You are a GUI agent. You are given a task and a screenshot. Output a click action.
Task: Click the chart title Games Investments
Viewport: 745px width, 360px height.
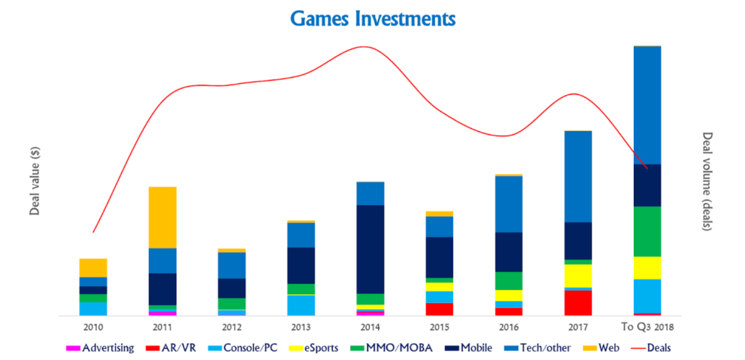pyautogui.click(x=372, y=18)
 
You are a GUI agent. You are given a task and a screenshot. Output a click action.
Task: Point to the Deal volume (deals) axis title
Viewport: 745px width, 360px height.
pyautogui.click(x=707, y=182)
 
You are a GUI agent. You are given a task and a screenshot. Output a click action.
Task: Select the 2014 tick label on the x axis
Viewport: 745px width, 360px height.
pyautogui.click(x=370, y=327)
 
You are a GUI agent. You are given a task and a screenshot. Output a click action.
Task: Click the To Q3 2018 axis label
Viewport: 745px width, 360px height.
pyautogui.click(x=647, y=327)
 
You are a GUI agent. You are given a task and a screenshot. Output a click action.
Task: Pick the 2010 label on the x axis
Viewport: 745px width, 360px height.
pyautogui.click(x=93, y=327)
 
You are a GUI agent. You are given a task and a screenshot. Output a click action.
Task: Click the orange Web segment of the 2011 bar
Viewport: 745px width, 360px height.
pyautogui.click(x=163, y=218)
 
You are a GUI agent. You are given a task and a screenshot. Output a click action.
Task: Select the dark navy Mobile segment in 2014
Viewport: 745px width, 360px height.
pyautogui.click(x=370, y=249)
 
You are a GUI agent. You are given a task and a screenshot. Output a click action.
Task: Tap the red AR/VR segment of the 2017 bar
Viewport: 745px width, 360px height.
pyautogui.click(x=578, y=303)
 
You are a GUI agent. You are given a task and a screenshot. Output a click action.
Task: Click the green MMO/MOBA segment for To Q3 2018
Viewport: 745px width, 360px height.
pyautogui.click(x=647, y=231)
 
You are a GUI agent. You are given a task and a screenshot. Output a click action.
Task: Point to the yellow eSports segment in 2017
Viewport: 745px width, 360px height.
pyautogui.click(x=578, y=276)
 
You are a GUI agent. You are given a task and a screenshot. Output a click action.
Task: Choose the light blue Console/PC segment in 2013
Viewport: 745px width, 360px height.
pyautogui.click(x=301, y=305)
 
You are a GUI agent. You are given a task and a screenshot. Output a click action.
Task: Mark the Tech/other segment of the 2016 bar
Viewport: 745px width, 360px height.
pyautogui.click(x=509, y=204)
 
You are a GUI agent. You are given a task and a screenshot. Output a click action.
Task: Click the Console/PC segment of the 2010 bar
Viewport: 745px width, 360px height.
pyautogui.click(x=93, y=309)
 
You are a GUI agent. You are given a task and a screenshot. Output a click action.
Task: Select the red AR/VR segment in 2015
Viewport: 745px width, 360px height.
pyautogui.click(x=440, y=309)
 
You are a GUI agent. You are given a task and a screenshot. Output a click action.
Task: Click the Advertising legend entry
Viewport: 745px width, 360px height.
pyautogui.click(x=101, y=348)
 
